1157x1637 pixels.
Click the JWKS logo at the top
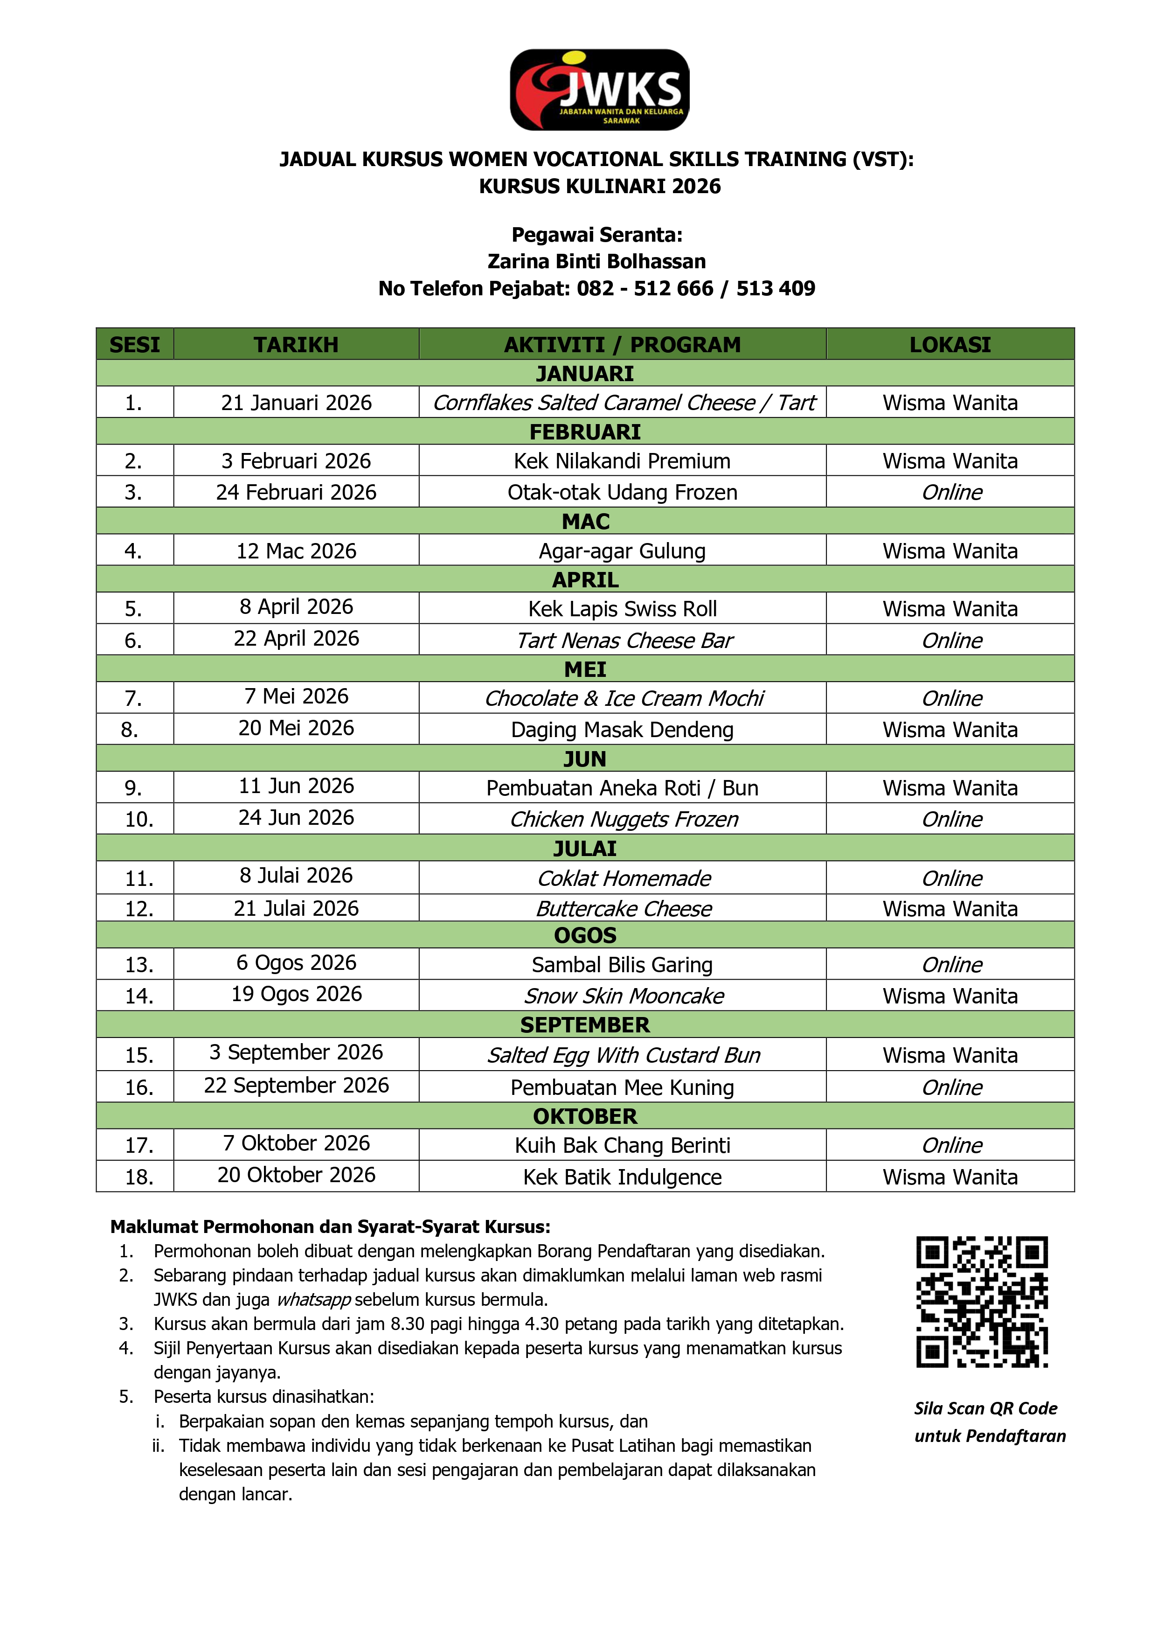click(x=600, y=90)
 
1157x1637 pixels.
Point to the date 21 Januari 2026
click(x=296, y=403)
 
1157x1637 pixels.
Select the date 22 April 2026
click(x=296, y=639)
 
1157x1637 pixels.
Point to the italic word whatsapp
click(x=314, y=1300)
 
